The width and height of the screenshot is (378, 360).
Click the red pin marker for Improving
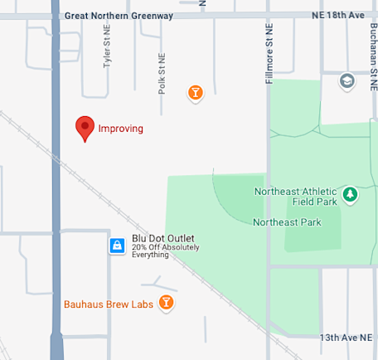(x=84, y=127)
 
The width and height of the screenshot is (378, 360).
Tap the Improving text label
(x=121, y=129)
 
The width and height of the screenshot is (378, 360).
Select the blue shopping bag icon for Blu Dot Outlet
(x=118, y=246)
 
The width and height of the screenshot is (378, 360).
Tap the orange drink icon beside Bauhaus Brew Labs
(x=167, y=303)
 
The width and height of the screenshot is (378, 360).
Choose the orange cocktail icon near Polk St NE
(x=195, y=92)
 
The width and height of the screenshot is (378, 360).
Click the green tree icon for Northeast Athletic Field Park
(x=351, y=194)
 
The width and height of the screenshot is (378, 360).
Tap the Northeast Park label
(x=286, y=222)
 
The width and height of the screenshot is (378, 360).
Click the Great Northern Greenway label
(x=119, y=15)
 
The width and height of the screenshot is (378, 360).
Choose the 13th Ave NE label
(x=346, y=338)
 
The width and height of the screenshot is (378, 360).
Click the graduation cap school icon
(x=346, y=80)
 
